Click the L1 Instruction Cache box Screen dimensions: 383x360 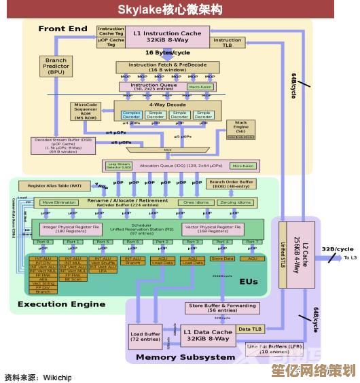(167, 36)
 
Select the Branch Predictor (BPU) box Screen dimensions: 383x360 (56, 66)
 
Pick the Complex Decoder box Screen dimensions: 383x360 (132, 115)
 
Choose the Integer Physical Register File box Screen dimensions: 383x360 (70, 229)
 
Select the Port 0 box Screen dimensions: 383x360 (43, 242)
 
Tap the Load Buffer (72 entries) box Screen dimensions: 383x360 (146, 337)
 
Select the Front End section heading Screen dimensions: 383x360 (62, 29)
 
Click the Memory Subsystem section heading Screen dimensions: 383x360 (185, 357)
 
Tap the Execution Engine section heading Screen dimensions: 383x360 (61, 304)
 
